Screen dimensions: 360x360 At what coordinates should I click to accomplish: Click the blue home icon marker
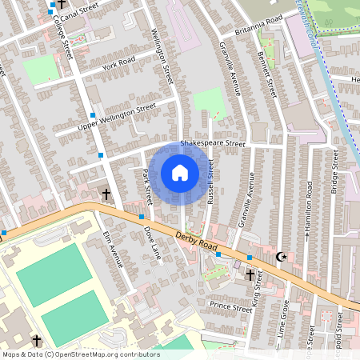pyautogui.click(x=180, y=172)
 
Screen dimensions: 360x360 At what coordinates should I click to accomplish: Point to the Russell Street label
pyautogui.click(x=211, y=180)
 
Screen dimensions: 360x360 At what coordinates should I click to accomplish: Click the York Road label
pyautogui.click(x=120, y=65)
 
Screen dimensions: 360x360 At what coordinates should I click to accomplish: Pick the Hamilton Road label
pyautogui.click(x=310, y=206)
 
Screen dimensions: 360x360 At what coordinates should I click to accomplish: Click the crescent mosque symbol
pyautogui.click(x=280, y=257)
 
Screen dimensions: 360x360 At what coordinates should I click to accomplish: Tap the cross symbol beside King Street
pyautogui.click(x=250, y=275)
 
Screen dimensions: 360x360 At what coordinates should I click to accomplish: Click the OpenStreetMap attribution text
pyautogui.click(x=80, y=354)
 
